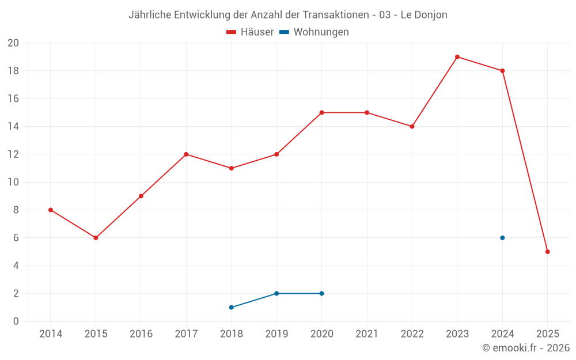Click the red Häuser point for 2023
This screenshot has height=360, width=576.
(x=457, y=57)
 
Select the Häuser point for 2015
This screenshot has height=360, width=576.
(x=96, y=238)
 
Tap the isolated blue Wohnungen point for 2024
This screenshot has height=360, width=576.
(x=502, y=238)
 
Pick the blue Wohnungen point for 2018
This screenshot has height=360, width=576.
(x=232, y=308)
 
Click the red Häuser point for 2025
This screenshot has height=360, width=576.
(x=548, y=252)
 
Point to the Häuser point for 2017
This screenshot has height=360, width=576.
(x=186, y=154)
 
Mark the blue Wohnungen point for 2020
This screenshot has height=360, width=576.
(x=321, y=294)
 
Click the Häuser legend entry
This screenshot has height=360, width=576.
(x=250, y=32)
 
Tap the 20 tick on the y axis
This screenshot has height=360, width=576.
(x=13, y=43)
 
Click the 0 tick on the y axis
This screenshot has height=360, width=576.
(x=16, y=321)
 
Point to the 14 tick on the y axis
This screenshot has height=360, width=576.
(x=13, y=127)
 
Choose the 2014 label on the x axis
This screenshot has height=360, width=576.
(x=51, y=334)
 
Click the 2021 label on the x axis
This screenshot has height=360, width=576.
(x=367, y=334)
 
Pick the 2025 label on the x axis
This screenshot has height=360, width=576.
(x=548, y=334)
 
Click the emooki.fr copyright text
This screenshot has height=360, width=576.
(x=526, y=348)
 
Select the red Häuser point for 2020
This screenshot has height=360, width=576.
(x=321, y=113)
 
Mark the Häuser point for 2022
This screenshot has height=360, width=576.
(x=412, y=127)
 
